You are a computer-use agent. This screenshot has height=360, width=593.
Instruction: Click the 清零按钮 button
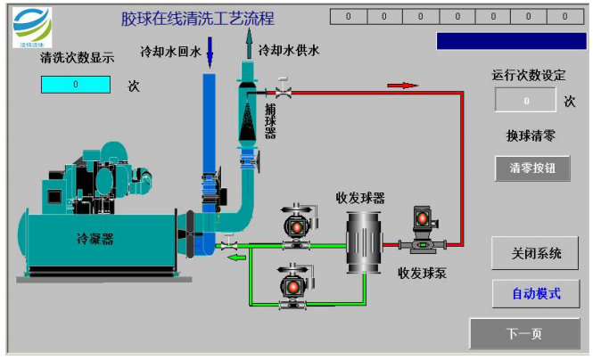(532, 168)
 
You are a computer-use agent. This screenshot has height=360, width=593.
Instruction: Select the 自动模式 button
(535, 293)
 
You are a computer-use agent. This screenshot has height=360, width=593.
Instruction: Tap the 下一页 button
(523, 334)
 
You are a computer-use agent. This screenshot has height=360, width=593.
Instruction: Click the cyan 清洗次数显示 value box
(76, 85)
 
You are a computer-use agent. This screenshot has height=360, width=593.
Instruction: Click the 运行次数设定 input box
(526, 101)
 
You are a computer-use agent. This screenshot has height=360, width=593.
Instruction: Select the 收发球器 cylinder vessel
(364, 236)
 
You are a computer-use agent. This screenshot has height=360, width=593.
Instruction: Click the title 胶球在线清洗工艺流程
(198, 19)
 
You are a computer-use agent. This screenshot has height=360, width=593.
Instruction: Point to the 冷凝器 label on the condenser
(95, 238)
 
